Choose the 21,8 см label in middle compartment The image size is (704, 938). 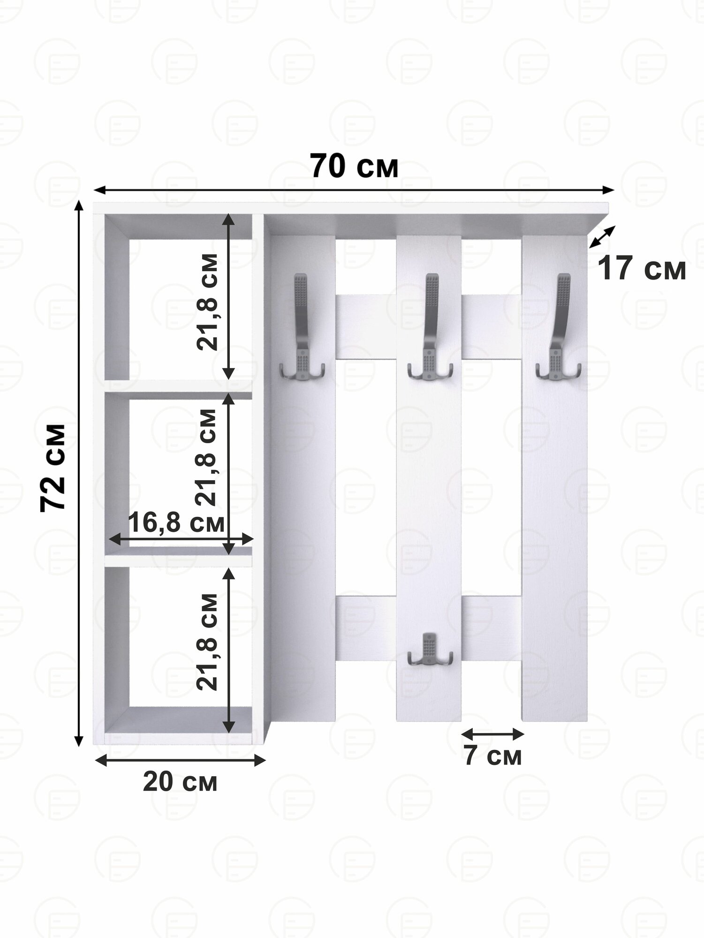pyautogui.click(x=206, y=457)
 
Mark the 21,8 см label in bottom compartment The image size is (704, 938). pyautogui.click(x=207, y=642)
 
